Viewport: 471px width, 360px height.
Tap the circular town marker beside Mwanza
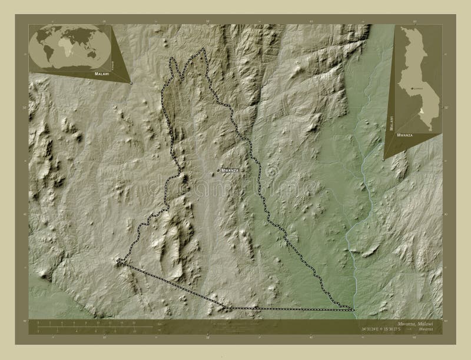(x=218, y=170)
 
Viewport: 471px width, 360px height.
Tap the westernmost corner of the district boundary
(x=118, y=261)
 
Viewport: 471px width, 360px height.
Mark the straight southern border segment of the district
(x=288, y=308)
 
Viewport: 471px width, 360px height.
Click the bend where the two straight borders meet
(x=225, y=307)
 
